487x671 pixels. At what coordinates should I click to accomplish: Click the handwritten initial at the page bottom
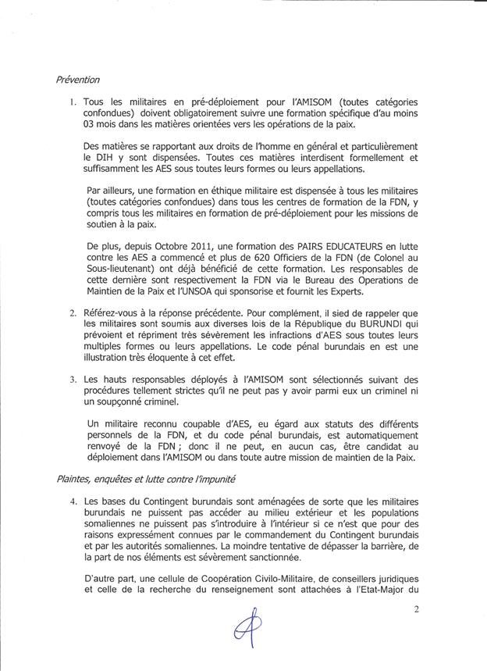point(247,628)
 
